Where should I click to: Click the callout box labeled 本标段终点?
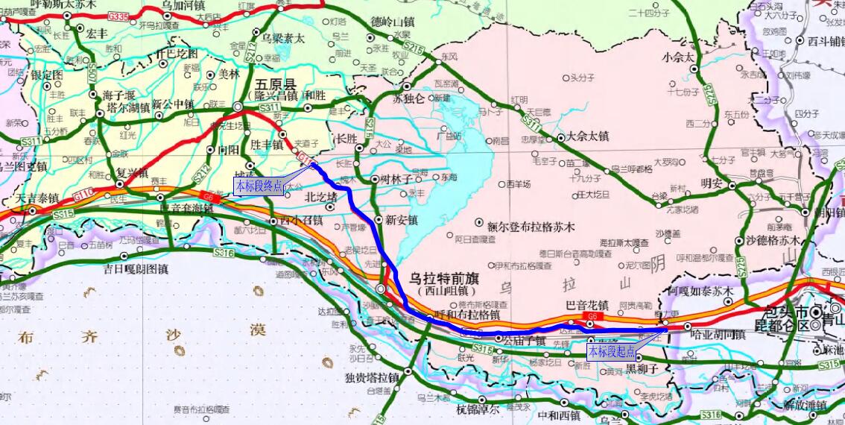[259, 186]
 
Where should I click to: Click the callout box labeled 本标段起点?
[612, 351]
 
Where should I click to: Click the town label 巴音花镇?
[588, 305]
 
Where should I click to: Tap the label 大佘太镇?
[588, 136]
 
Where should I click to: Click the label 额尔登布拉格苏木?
[531, 225]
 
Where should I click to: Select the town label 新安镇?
[401, 220]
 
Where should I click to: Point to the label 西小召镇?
[301, 221]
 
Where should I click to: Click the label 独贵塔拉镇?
[372, 377]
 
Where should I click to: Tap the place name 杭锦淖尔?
[483, 409]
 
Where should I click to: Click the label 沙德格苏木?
[772, 240]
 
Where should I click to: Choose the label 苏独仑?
[408, 98]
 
